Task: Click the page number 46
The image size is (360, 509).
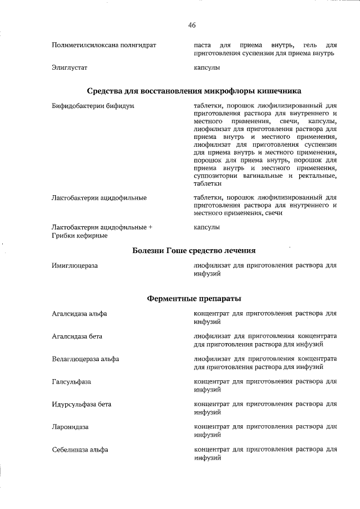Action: [192, 25]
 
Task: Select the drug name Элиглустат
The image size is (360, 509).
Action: [69, 67]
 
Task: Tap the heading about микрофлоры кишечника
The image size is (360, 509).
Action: [194, 91]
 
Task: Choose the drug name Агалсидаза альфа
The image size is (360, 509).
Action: [79, 313]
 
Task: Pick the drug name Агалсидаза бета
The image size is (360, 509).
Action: [77, 336]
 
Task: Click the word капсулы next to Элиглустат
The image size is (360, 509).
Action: [206, 67]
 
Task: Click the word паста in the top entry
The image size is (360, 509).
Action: [202, 44]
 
